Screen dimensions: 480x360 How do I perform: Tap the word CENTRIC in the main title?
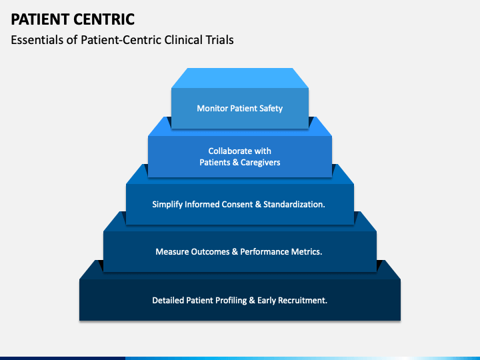104,19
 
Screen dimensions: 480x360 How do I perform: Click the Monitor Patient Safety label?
240,109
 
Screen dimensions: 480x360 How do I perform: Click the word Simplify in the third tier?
167,205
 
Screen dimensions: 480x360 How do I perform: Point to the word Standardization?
294,204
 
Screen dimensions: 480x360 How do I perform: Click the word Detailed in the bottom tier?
167,300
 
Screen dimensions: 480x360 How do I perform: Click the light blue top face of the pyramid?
240,78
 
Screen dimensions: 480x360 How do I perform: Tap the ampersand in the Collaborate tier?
235,163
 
